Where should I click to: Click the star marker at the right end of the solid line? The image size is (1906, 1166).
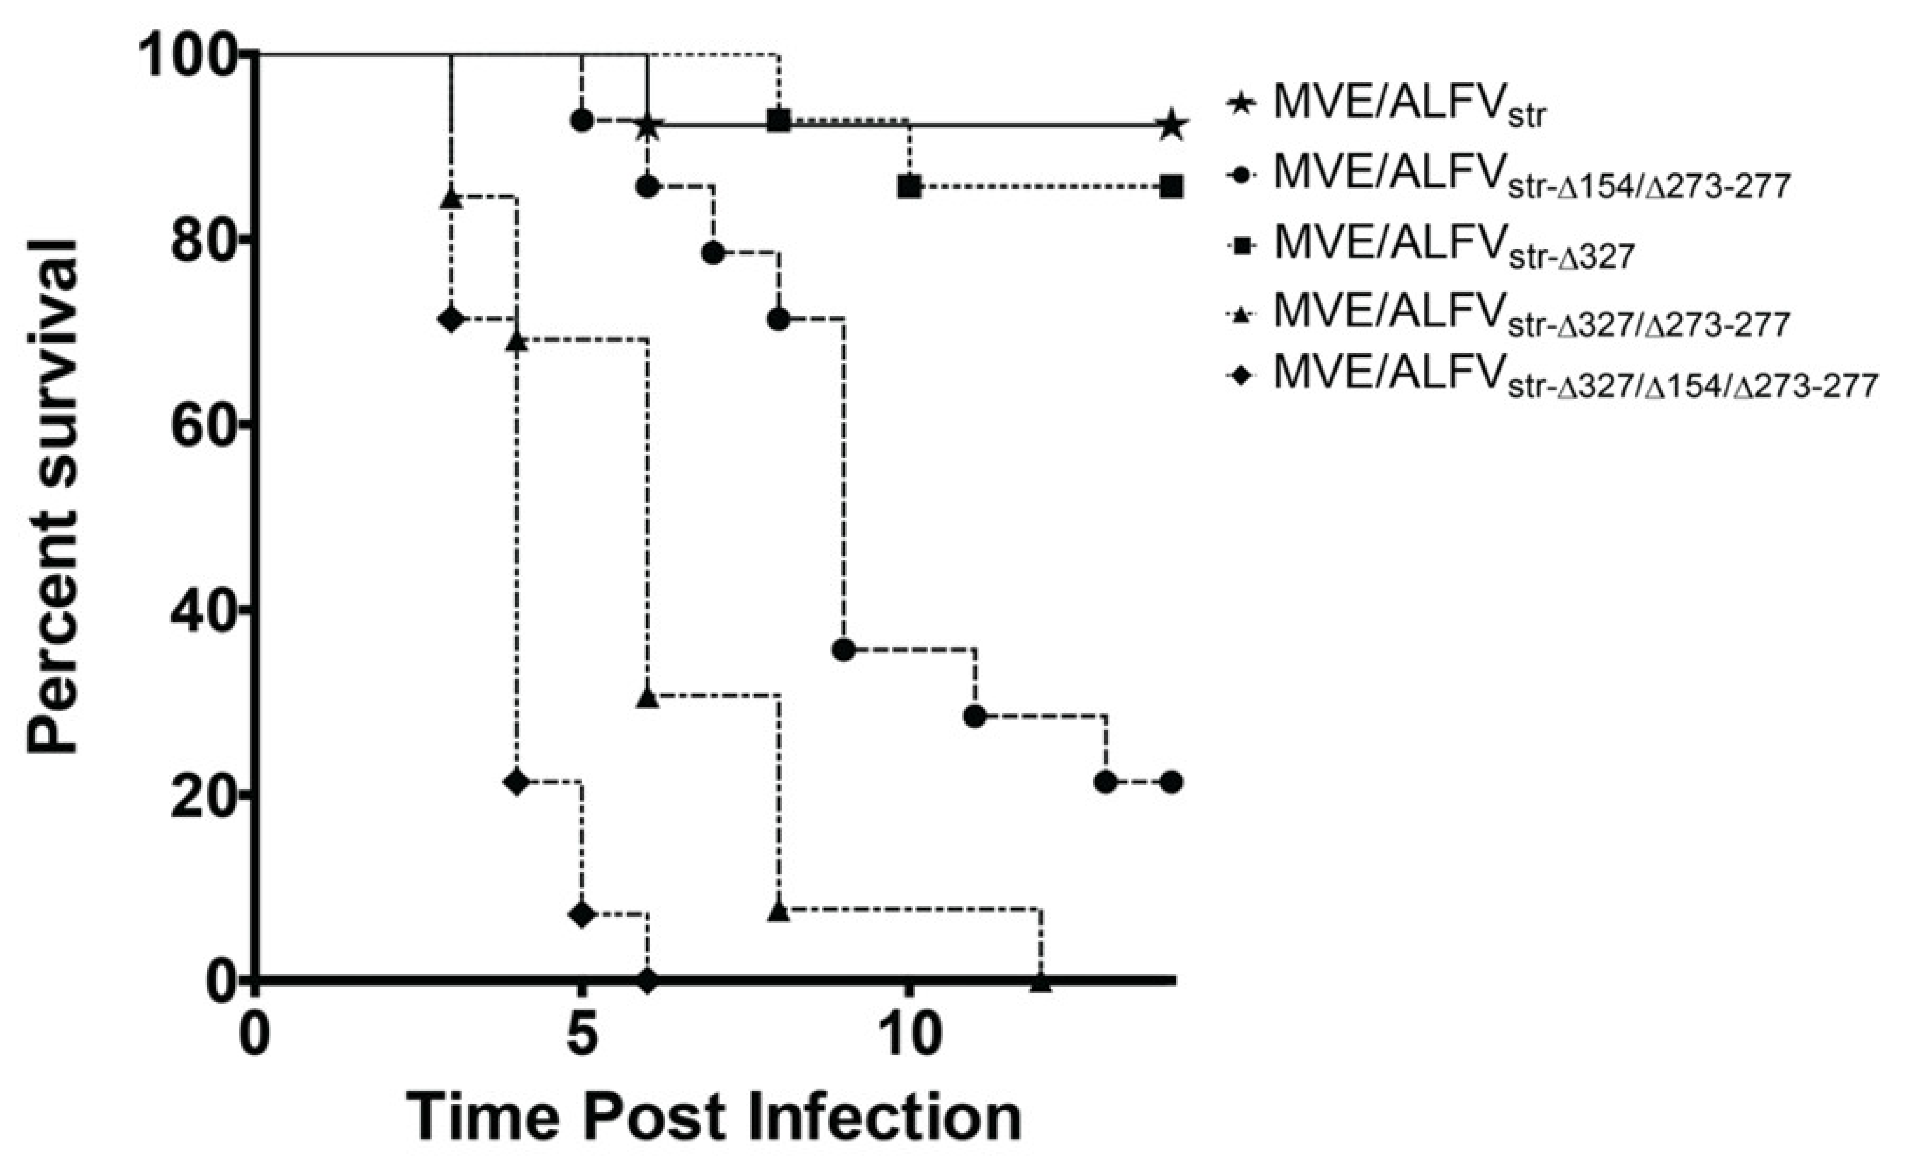point(1172,125)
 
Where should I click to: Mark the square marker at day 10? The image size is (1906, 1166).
point(910,186)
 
